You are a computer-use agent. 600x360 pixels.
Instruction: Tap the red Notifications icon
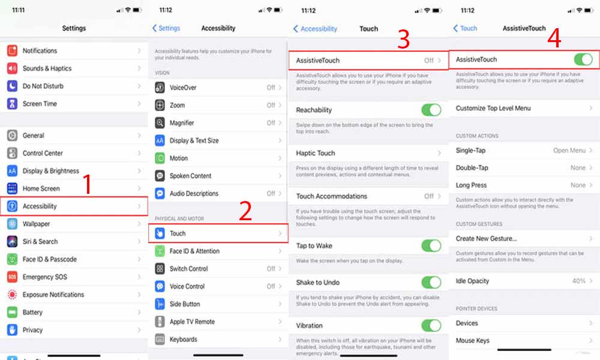[x=12, y=50]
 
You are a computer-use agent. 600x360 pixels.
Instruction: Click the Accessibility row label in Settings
[x=40, y=206]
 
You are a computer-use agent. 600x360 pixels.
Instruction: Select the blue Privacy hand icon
[x=12, y=330]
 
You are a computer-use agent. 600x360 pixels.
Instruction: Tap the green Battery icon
[x=12, y=312]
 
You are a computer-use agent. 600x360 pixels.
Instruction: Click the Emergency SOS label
[x=45, y=277]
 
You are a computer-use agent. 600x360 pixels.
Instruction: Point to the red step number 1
[x=87, y=184]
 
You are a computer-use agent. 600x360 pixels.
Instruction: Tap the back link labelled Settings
[x=166, y=28]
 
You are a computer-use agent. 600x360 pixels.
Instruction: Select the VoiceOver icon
[x=160, y=88]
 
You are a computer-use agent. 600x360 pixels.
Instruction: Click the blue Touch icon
[x=160, y=233]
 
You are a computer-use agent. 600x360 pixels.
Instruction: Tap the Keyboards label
[x=183, y=340]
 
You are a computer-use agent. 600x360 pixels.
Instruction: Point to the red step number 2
[x=245, y=211]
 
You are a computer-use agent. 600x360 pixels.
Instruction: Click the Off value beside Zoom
[x=271, y=105]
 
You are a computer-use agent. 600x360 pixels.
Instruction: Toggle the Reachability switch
[x=431, y=110]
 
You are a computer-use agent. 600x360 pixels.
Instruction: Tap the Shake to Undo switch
[x=431, y=283]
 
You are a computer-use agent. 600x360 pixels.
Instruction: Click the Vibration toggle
[x=431, y=326]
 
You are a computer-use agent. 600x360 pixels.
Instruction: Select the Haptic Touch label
[x=316, y=153]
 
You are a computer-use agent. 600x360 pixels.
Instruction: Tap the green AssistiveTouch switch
[x=583, y=59]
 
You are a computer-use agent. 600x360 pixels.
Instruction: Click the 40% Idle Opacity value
[x=579, y=281]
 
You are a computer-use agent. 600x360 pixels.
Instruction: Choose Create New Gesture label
[x=486, y=238]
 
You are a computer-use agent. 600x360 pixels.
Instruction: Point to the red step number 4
[x=554, y=38]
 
